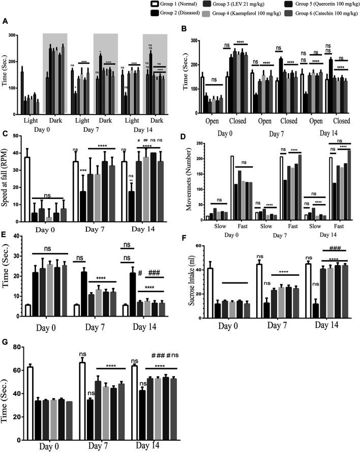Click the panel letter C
tap(5, 135)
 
